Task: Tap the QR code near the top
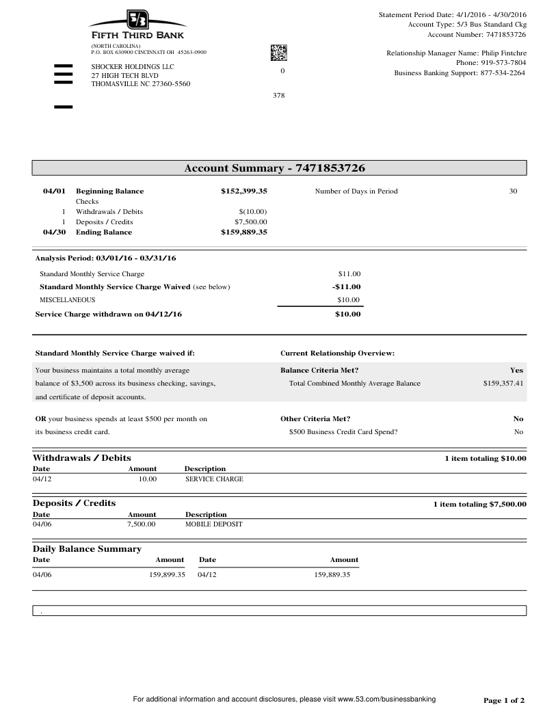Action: pos(279,52)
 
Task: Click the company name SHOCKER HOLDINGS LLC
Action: pos(133,66)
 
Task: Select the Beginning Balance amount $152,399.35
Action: pos(243,191)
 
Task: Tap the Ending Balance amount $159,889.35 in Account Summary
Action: pos(243,232)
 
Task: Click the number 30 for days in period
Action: pos(513,191)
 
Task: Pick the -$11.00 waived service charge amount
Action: pos(346,287)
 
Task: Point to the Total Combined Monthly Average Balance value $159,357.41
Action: pos(503,384)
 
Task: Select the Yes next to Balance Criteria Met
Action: pos(516,371)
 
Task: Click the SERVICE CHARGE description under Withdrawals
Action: pos(214,479)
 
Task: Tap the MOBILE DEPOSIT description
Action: pos(213,525)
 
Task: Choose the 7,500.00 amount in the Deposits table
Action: pos(142,525)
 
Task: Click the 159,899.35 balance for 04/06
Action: pos(167,575)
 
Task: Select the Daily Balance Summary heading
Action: pos(87,549)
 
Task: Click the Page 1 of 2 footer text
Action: pos(504,701)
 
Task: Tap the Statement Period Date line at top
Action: pos(452,15)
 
